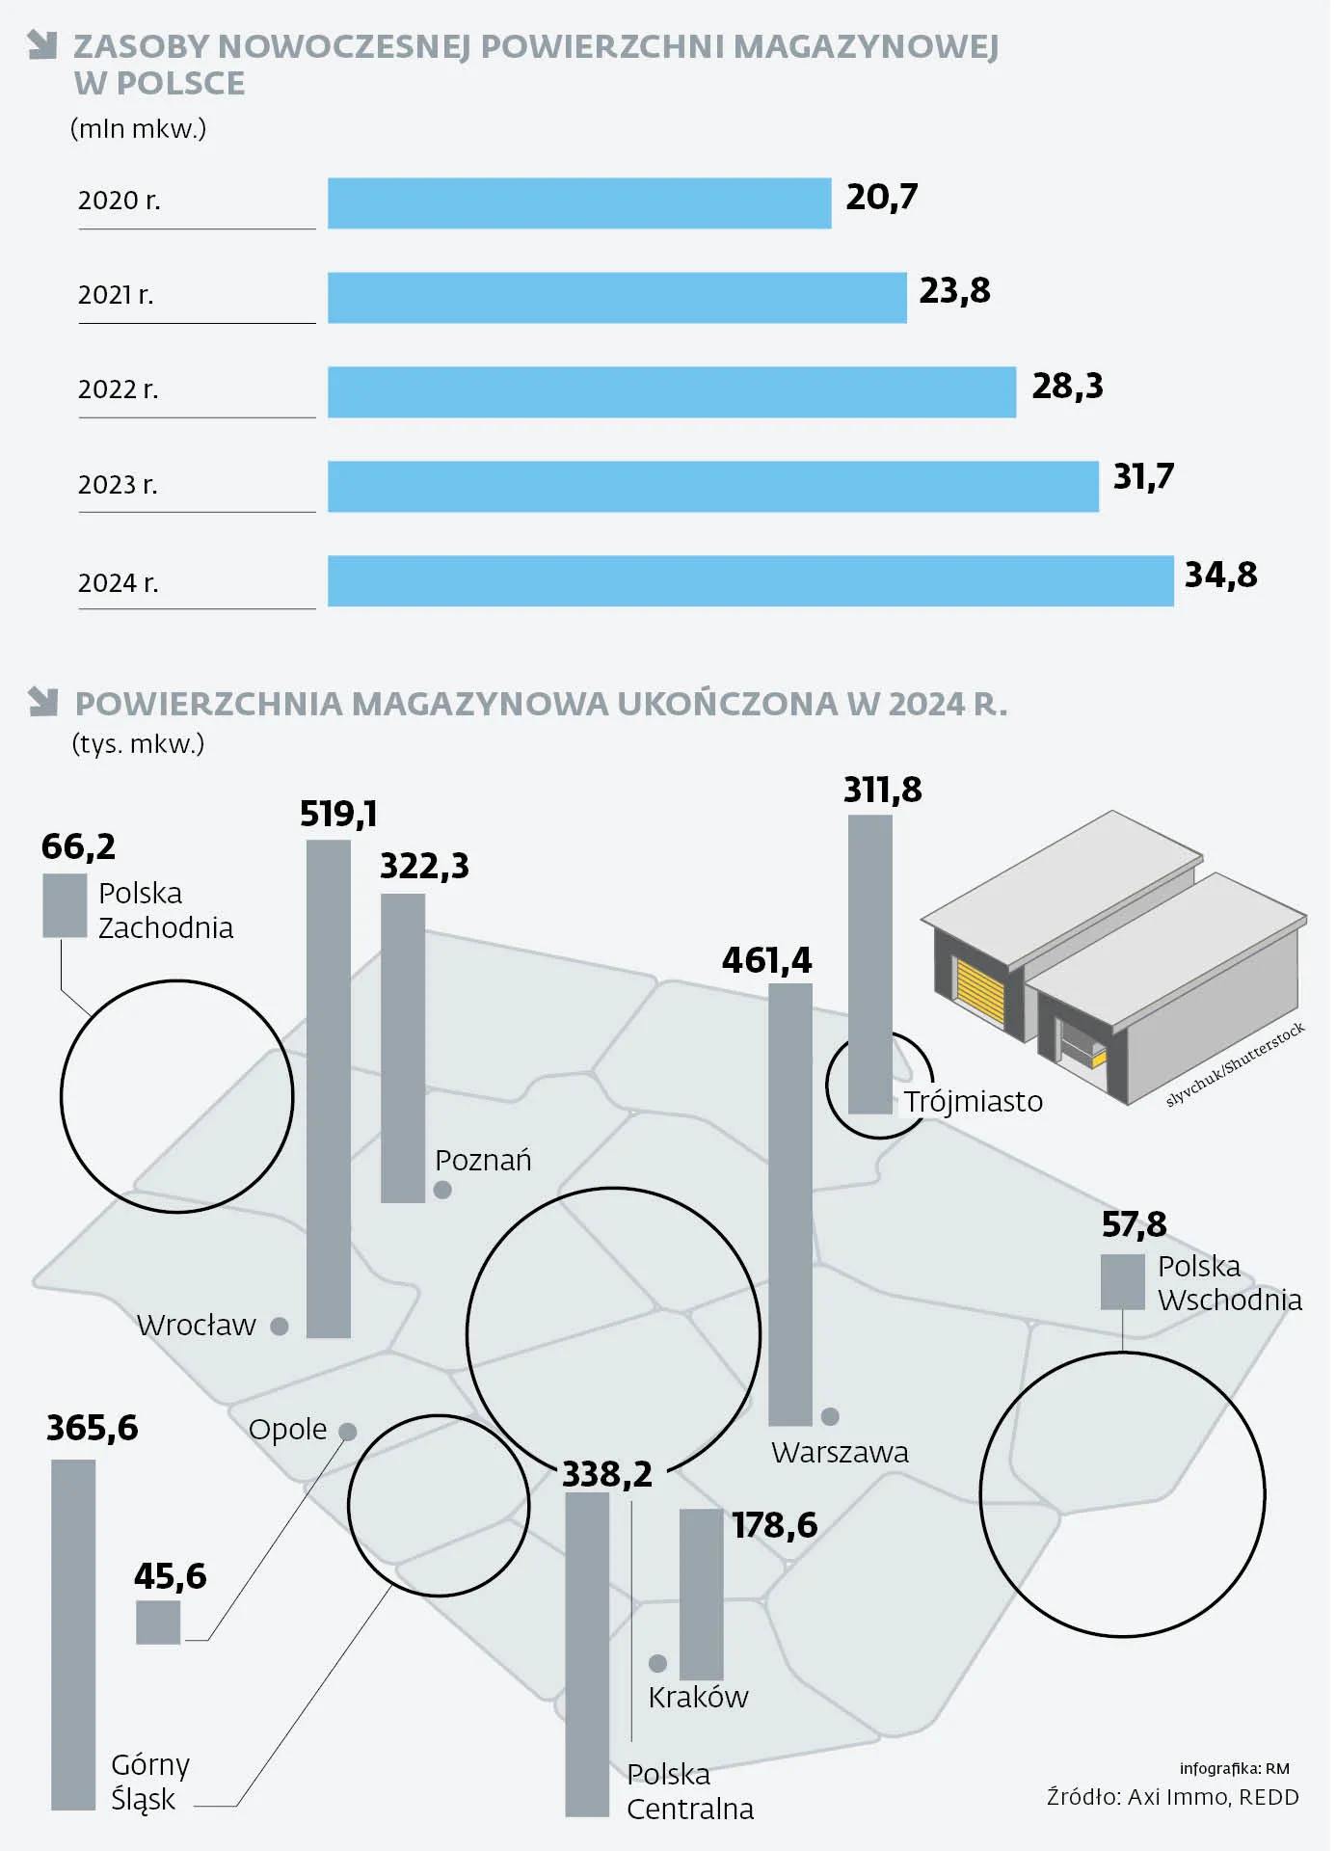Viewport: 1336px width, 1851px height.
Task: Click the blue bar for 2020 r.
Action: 580,203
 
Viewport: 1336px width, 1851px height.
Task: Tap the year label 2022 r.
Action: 119,389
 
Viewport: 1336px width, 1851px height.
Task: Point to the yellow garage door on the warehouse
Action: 980,994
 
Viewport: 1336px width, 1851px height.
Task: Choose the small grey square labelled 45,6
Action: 159,1623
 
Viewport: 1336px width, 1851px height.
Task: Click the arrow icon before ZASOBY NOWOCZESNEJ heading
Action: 42,44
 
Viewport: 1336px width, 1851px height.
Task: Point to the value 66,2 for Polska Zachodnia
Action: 79,847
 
